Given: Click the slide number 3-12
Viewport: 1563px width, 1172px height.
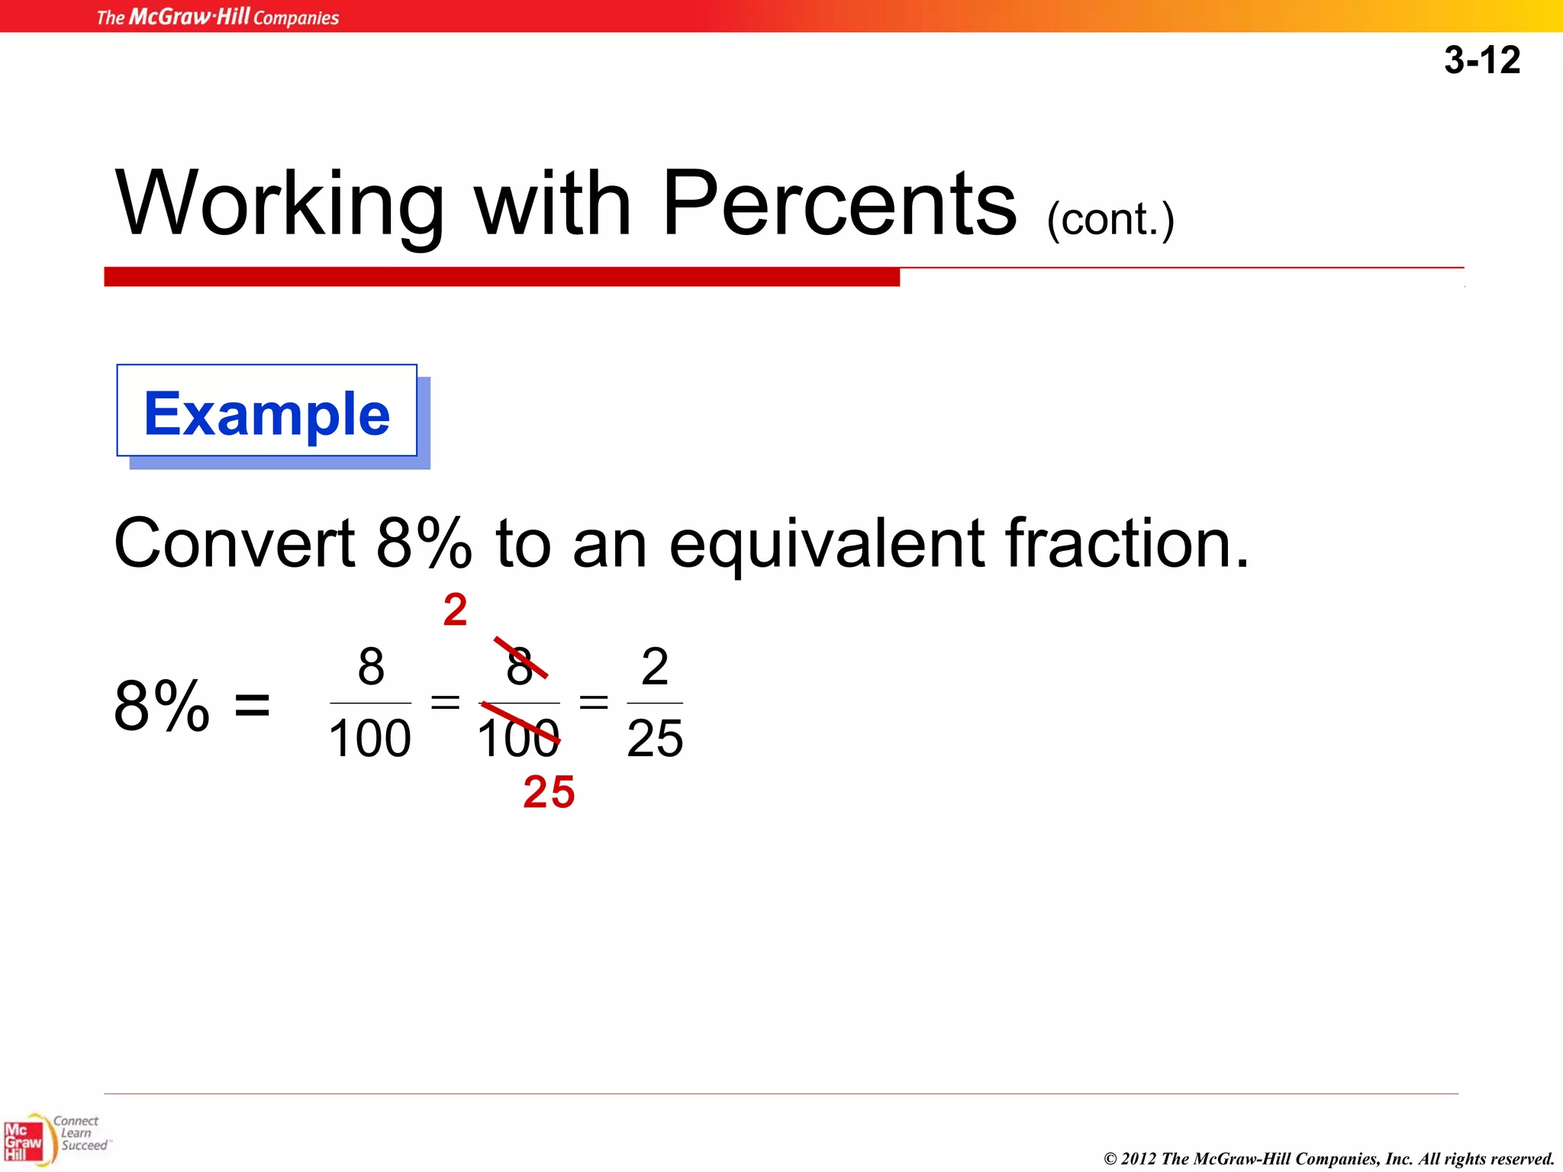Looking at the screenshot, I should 1481,60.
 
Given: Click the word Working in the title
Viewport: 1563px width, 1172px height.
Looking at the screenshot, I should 279,203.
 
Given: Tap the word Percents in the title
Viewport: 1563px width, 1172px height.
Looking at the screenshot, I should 840,203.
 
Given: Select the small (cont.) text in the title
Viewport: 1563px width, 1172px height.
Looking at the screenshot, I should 1110,220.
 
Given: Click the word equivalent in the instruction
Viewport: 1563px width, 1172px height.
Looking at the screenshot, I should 827,545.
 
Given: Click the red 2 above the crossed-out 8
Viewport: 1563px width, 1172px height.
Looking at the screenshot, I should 455,610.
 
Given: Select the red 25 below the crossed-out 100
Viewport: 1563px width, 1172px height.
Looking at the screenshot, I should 549,792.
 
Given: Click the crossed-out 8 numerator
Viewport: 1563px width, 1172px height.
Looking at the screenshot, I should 520,666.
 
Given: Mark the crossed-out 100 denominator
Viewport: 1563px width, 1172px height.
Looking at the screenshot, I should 518,738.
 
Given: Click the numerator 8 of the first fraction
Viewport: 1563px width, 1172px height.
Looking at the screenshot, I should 371,666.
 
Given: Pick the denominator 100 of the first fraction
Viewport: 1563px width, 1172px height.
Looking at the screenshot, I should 370,738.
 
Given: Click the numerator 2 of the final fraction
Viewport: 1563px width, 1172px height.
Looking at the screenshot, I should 655,666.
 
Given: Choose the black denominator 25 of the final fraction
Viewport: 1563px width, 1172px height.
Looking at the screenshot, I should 655,738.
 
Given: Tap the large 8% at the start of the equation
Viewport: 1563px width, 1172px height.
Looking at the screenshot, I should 162,706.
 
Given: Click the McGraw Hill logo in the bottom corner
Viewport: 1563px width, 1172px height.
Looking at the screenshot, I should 24,1141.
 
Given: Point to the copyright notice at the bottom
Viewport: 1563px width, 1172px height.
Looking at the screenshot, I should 1329,1158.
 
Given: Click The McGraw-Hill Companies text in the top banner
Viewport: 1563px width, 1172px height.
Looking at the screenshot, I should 218,17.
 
